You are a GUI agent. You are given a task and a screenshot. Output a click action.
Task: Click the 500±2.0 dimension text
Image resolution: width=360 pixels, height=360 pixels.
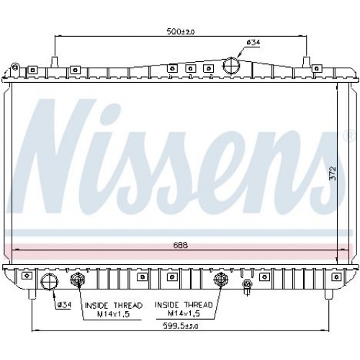click(x=181, y=31)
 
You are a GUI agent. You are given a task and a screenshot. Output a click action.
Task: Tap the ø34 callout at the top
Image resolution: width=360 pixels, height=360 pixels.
click(x=253, y=42)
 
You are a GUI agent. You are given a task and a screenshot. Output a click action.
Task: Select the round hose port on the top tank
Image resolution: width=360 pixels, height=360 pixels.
click(x=231, y=66)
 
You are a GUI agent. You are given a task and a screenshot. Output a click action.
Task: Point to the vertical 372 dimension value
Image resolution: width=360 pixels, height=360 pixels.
click(x=333, y=174)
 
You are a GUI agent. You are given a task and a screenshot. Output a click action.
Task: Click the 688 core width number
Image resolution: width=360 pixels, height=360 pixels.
click(x=181, y=246)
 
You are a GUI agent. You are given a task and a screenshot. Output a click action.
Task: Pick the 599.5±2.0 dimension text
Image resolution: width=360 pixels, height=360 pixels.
click(x=181, y=325)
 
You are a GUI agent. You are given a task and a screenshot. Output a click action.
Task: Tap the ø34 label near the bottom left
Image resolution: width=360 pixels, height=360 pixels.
click(x=64, y=305)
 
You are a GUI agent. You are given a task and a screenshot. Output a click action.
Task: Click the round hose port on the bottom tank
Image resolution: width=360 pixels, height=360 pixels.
click(x=50, y=282)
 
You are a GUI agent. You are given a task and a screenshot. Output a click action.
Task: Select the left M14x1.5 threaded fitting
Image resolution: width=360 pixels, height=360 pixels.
click(x=78, y=279)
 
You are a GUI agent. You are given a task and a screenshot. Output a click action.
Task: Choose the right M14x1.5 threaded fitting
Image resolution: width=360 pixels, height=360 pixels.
click(x=221, y=279)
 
